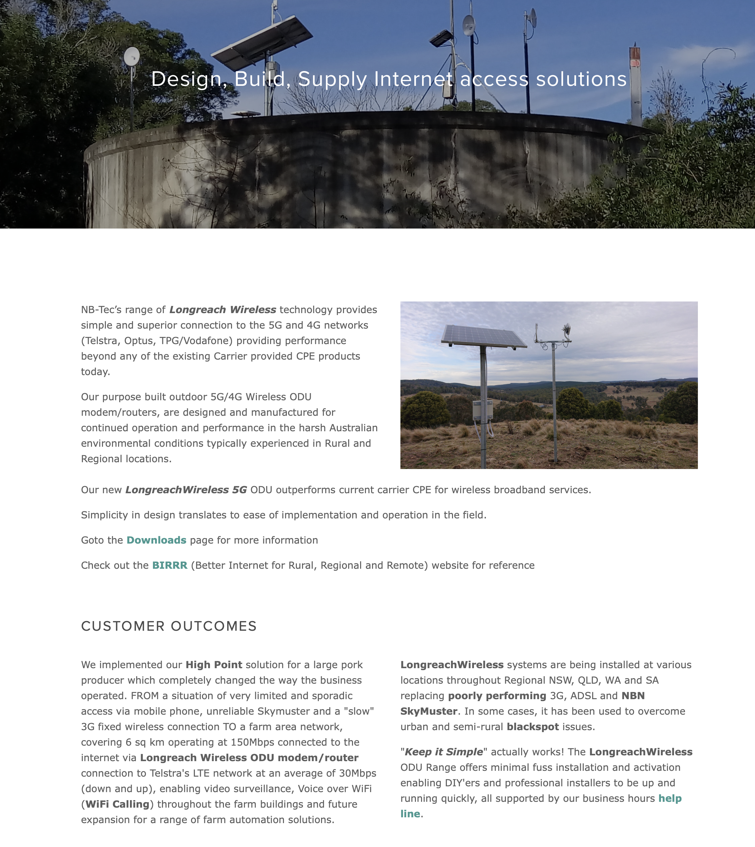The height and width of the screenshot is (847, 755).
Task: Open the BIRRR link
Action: click(x=170, y=565)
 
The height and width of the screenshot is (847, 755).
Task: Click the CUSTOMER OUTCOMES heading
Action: click(x=169, y=626)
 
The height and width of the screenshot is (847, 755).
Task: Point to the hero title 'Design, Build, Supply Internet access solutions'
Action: click(x=389, y=79)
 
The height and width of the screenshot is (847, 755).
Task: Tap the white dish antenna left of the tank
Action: click(x=132, y=56)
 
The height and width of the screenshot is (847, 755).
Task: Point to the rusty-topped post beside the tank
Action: click(x=635, y=83)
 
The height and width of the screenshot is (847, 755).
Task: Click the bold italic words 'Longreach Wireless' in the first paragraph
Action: click(x=222, y=310)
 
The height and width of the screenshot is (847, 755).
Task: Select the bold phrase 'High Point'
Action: click(x=214, y=664)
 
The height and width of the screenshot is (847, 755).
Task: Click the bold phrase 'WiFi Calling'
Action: click(x=117, y=804)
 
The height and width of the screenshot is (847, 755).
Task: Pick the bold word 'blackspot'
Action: click(x=532, y=726)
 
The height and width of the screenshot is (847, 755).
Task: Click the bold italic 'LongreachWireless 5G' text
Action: click(x=186, y=490)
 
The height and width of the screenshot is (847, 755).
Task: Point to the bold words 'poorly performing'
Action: click(x=497, y=696)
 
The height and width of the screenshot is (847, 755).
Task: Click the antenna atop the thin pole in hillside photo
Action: click(x=566, y=330)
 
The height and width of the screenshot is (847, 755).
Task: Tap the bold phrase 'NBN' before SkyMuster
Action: click(x=633, y=696)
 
